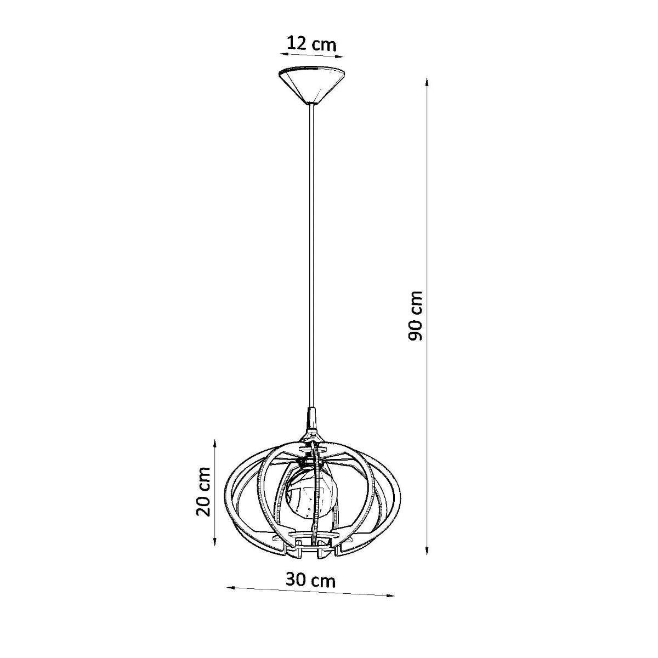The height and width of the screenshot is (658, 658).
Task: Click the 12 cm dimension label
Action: coord(311,44)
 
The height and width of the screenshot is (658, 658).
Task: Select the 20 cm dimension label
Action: coord(203,491)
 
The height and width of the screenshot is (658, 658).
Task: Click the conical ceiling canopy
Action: coord(310,84)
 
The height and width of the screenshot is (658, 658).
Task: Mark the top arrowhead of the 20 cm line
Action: coord(215,442)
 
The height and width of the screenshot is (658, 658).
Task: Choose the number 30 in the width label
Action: coord(296,579)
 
